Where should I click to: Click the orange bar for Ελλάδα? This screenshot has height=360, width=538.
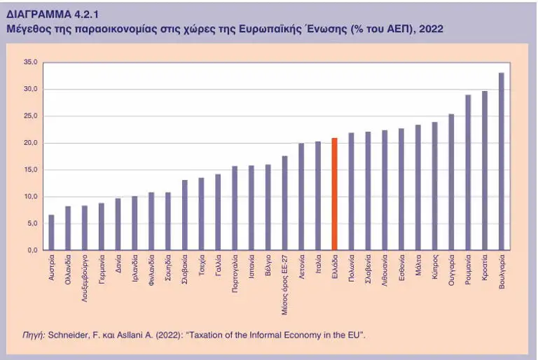(334, 194)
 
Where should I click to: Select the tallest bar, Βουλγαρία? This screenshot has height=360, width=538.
(501, 161)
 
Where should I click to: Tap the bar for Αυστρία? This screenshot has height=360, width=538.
(51, 233)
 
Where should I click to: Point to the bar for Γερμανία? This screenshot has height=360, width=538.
(101, 226)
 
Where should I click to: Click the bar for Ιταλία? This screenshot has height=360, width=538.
(317, 195)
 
